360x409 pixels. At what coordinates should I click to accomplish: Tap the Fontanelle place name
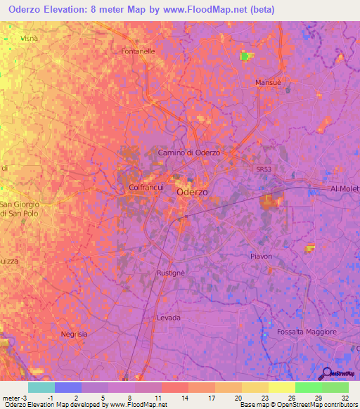point(138,51)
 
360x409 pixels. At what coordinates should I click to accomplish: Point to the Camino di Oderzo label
point(188,152)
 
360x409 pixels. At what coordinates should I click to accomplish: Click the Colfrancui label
point(147,188)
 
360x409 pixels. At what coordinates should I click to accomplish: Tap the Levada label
point(169,318)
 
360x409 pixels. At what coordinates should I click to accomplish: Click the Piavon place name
point(261,257)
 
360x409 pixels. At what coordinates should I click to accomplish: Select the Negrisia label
point(74,335)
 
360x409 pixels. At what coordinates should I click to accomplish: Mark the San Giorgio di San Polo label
point(20,209)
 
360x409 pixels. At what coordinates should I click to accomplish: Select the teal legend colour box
point(41,387)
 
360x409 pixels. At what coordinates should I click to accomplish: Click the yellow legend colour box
point(281,387)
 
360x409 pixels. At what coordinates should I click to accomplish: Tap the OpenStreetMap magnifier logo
point(327,373)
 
